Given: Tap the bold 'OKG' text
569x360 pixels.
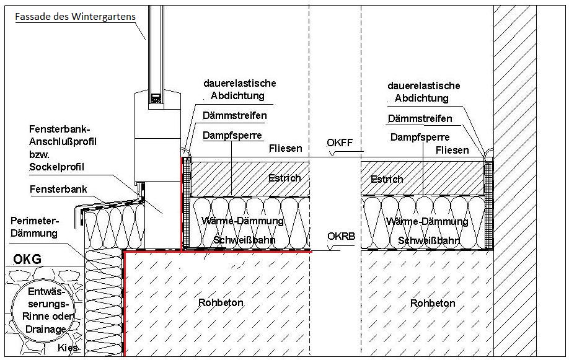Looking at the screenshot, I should [x=27, y=259].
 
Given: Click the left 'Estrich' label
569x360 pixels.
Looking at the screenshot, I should [x=284, y=178].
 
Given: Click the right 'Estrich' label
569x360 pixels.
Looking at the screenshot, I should [x=387, y=179].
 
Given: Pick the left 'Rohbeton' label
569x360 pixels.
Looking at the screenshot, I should [x=221, y=302].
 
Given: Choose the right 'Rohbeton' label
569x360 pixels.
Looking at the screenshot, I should [x=433, y=303].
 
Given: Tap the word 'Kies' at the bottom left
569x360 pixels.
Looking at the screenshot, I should [x=68, y=348].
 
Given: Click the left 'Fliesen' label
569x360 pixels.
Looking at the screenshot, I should [x=286, y=149].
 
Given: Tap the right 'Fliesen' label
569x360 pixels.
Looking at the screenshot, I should [x=452, y=151].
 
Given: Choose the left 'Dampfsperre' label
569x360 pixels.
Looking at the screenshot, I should [x=232, y=135].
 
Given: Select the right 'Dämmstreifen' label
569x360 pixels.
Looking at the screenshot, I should [x=420, y=119].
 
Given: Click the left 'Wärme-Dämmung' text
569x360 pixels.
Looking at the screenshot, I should [x=242, y=221].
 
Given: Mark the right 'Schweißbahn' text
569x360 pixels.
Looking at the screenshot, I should [x=428, y=241].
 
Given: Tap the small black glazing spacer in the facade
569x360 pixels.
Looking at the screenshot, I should [x=154, y=98].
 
